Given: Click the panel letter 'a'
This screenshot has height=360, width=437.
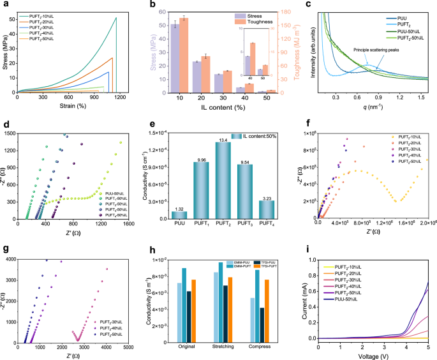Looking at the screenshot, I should click(x=5, y=4).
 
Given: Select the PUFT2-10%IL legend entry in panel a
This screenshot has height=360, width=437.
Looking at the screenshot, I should click(x=43, y=15).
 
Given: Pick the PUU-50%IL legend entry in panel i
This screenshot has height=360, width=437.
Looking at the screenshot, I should click(x=344, y=298).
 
